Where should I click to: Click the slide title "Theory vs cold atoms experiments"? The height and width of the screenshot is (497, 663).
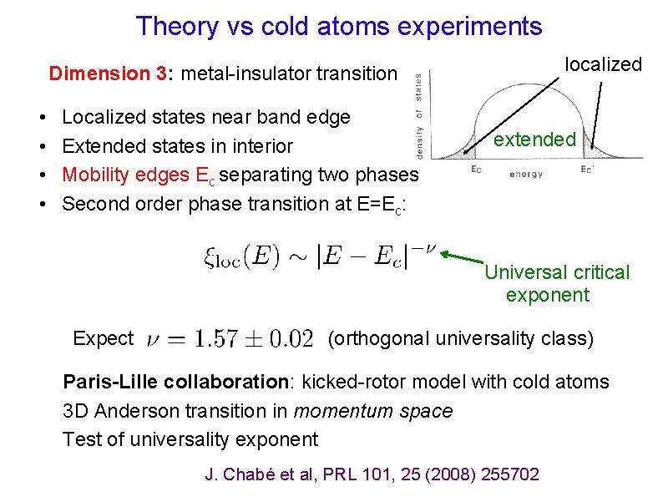point(339,26)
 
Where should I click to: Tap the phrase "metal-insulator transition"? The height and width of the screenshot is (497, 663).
point(289,74)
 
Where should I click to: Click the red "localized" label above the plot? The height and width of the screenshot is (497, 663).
point(603,64)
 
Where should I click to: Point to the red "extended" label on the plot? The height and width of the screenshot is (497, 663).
point(534,139)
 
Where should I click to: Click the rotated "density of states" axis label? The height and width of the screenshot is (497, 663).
point(419,114)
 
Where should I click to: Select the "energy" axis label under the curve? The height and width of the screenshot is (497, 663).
point(526,175)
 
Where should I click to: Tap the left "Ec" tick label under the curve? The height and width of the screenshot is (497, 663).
point(475,170)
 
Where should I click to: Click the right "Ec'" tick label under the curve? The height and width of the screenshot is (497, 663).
point(589,170)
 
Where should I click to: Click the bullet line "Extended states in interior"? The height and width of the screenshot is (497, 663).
point(177,146)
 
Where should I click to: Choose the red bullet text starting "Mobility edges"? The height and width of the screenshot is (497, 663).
point(240,175)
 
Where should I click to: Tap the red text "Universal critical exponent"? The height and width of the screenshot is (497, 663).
point(556,283)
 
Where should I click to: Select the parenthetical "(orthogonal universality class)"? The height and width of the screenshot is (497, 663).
point(461,338)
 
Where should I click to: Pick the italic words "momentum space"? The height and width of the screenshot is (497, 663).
point(372,411)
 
